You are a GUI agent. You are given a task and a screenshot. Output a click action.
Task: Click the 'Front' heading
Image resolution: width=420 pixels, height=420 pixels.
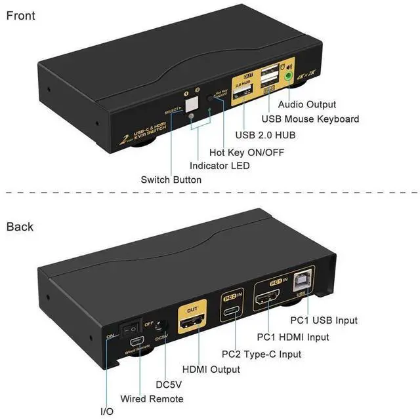pyautogui.click(x=21, y=15)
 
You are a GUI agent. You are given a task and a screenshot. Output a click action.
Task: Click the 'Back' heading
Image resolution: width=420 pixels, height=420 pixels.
pyautogui.click(x=20, y=227)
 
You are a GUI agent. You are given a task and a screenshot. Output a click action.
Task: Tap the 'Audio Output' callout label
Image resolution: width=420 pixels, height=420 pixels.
pyautogui.click(x=307, y=104)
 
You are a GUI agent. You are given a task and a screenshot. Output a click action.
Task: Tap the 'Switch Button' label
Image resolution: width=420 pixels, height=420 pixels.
pyautogui.click(x=171, y=180)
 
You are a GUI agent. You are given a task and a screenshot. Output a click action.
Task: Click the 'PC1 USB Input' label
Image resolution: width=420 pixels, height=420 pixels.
pyautogui.click(x=324, y=320)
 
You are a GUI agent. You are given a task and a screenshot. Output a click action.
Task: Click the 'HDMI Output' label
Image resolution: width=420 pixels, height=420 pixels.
pyautogui.click(x=211, y=370)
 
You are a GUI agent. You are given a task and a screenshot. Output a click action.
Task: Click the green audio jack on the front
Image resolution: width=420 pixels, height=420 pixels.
pyautogui.click(x=289, y=76)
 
